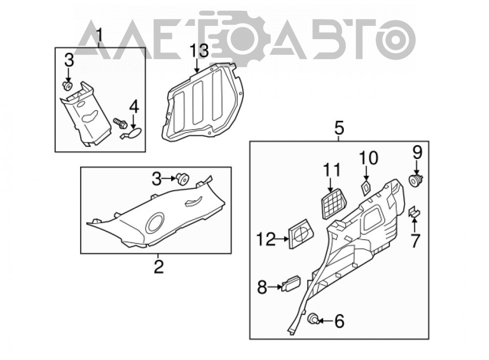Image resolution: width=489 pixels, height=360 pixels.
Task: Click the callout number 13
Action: tap(199, 51)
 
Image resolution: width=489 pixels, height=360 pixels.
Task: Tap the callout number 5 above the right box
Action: tap(339, 128)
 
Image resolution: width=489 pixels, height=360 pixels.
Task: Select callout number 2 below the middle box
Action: tap(159, 267)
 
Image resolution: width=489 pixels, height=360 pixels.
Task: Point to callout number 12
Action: tap(266, 239)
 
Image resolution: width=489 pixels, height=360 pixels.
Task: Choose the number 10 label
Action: tap(369, 158)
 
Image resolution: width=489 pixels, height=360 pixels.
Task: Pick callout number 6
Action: tap(339, 321)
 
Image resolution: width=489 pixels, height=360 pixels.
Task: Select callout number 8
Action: tap(262, 287)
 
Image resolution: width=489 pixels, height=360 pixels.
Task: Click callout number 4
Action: tap(134, 107)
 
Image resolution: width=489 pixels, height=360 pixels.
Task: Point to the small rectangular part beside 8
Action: tap(291, 283)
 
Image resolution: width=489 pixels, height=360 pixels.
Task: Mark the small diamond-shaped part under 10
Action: tap(365, 187)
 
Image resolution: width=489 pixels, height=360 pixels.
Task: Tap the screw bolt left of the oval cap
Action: tap(120, 123)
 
